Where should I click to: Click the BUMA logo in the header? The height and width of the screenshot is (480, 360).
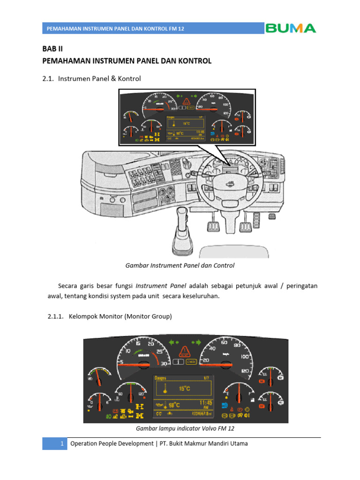(x=291, y=28)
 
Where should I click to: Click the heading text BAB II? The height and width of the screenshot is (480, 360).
(x=52, y=49)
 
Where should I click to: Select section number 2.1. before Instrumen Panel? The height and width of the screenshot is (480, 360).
(x=48, y=79)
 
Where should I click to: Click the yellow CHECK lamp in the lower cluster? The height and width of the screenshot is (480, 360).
(x=191, y=361)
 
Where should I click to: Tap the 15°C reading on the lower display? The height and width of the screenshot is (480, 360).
(x=185, y=388)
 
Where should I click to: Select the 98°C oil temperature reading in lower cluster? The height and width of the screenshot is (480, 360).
(x=174, y=405)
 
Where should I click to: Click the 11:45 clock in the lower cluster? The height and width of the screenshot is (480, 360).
(x=206, y=403)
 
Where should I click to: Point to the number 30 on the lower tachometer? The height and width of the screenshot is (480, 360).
(x=164, y=363)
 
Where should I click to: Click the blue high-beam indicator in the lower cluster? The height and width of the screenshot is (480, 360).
(x=225, y=405)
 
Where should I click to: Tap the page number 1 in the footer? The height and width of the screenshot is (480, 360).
(x=61, y=443)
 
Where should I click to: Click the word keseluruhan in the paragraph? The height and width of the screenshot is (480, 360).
(x=196, y=296)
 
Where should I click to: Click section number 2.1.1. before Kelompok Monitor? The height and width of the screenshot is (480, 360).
(x=56, y=317)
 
